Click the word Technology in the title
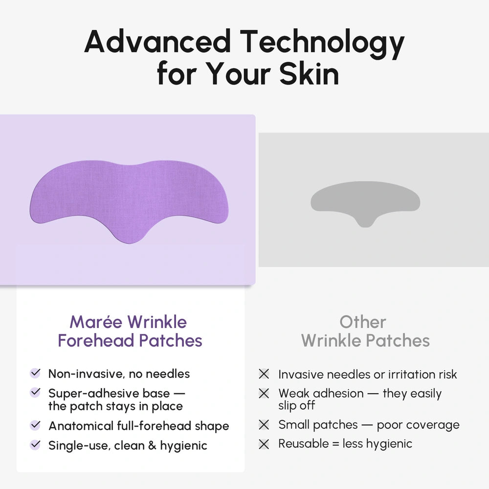(x=321, y=42)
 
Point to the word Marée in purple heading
(x=96, y=322)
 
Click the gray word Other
(x=363, y=322)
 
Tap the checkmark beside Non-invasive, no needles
(x=35, y=374)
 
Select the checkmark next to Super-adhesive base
(x=35, y=393)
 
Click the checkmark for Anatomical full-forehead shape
(x=35, y=425)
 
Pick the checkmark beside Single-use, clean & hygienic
(x=35, y=445)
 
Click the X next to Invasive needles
(x=264, y=375)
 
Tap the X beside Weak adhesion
(x=264, y=393)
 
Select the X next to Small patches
(x=264, y=425)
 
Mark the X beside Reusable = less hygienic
(x=264, y=444)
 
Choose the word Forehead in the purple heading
(x=93, y=341)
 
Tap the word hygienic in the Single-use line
(x=183, y=446)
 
